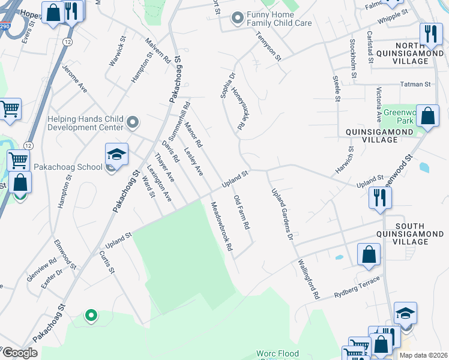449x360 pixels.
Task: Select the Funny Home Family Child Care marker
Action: (238, 18)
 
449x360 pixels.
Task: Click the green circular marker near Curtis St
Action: (91, 314)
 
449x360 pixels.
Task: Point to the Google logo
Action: (19, 353)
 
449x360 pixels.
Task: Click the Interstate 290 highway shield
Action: (4, 27)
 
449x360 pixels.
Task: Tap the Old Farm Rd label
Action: (241, 213)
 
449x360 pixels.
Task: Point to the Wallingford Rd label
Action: (307, 280)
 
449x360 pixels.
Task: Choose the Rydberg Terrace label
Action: (357, 280)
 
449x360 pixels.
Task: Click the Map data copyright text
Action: (423, 355)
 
